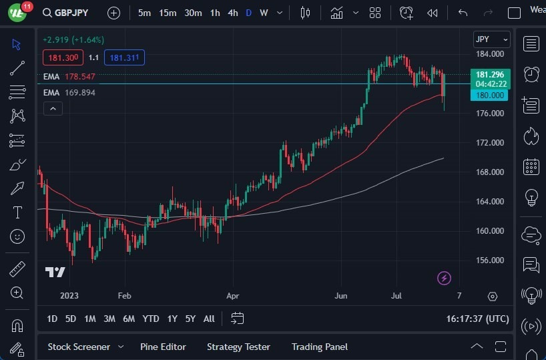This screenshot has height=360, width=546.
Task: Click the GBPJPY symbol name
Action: tap(71, 13)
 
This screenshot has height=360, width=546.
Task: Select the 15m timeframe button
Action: tap(168, 13)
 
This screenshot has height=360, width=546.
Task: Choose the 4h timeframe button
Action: tap(232, 13)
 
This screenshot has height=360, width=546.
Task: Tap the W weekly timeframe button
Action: tap(264, 13)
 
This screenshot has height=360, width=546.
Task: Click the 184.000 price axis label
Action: tap(490, 54)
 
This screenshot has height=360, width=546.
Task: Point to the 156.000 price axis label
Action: tap(490, 260)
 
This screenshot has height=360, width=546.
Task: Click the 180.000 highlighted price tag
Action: tap(490, 95)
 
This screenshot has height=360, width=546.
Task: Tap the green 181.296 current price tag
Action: tap(491, 74)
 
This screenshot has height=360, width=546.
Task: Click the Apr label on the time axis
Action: tap(232, 295)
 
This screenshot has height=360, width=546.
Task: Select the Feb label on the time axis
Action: tap(123, 295)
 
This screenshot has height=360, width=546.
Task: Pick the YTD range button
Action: tap(151, 319)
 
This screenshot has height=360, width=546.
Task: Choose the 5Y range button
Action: tap(190, 319)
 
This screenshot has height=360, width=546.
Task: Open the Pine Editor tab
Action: tap(163, 347)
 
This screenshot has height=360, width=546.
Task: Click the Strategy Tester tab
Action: tap(238, 347)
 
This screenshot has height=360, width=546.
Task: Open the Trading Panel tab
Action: tap(320, 347)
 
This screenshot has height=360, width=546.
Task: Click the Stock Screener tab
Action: tap(79, 347)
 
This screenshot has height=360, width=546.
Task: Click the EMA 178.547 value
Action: tap(80, 77)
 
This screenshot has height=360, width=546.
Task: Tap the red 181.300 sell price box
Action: tap(63, 57)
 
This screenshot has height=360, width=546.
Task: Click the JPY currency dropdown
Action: tap(491, 39)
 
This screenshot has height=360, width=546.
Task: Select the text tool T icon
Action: tap(17, 212)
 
